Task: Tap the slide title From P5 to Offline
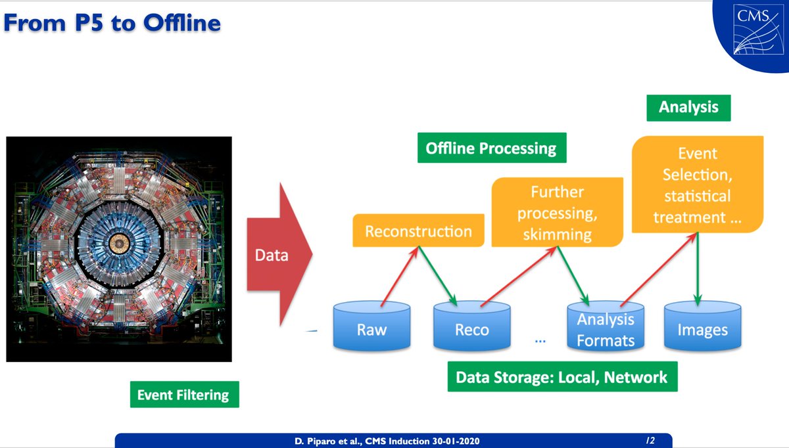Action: coord(112,23)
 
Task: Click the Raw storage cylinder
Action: coord(371,326)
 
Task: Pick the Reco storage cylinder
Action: coord(471,326)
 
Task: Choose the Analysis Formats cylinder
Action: coord(605,326)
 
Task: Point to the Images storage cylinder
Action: coord(702,326)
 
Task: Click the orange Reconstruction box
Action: coord(418,231)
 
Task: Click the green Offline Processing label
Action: coord(490,148)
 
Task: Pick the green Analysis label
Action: coord(688,106)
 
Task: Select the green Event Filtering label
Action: coord(183,395)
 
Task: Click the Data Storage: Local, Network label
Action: coord(562,377)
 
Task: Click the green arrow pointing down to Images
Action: coord(698,268)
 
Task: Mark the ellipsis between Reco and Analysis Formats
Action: coord(540,340)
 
